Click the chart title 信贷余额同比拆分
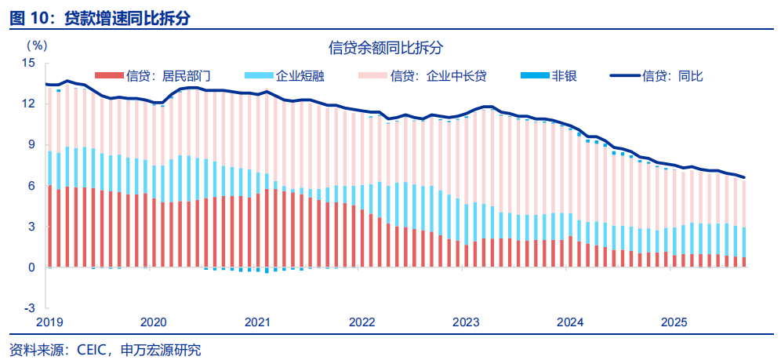(x=386, y=47)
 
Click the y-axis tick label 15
(x=29, y=63)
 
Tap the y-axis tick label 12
(x=29, y=104)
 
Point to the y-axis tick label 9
(x=32, y=144)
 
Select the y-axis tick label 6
(x=32, y=186)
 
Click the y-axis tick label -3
(x=31, y=308)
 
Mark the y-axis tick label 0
(x=32, y=267)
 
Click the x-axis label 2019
(x=49, y=322)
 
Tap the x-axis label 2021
(x=258, y=322)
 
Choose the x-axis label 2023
(x=466, y=322)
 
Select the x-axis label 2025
(x=674, y=322)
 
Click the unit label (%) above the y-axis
(x=37, y=46)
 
